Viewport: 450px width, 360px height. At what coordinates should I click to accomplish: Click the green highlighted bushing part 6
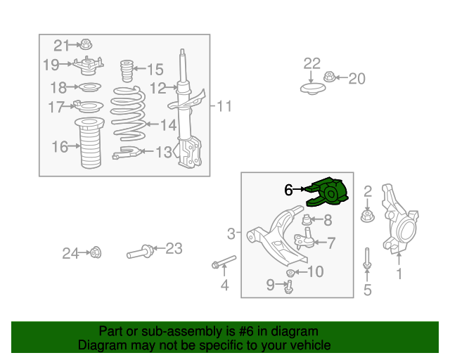tap(327, 193)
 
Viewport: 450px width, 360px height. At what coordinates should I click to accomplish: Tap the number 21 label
tap(61, 46)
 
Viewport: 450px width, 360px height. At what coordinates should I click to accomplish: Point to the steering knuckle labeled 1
tap(399, 219)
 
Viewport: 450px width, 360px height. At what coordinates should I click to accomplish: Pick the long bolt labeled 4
tap(224, 262)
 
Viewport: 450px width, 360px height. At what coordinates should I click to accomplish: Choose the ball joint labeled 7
tap(304, 238)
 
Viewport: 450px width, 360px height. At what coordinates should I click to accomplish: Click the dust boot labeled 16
tap(89, 143)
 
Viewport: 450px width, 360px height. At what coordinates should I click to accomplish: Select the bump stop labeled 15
tap(127, 71)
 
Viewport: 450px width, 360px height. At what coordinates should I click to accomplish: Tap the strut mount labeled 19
tap(88, 65)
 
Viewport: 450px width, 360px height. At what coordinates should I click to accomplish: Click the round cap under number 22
tap(313, 89)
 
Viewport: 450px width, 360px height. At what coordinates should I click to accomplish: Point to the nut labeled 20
tap(330, 77)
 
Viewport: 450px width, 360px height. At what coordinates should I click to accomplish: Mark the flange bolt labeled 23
tap(141, 252)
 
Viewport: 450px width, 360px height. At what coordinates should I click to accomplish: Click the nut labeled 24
tap(96, 252)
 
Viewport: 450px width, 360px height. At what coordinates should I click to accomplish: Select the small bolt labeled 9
tap(289, 286)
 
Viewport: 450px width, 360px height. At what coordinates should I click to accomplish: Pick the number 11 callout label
tap(224, 106)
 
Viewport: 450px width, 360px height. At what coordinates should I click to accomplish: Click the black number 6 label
tap(288, 190)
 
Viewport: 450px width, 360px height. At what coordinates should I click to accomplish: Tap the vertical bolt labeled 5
tap(367, 259)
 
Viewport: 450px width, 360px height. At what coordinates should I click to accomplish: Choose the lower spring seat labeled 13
tap(127, 153)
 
